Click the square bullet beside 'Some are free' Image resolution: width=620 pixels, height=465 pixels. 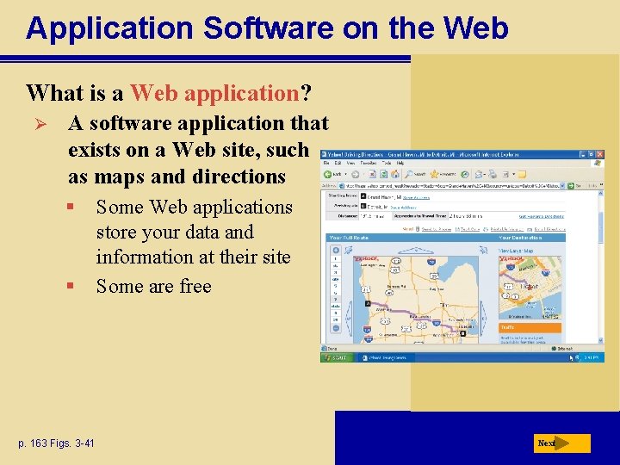(x=76, y=286)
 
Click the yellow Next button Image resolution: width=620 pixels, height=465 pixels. (x=560, y=443)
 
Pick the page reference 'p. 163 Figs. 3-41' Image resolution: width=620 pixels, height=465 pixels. (x=54, y=443)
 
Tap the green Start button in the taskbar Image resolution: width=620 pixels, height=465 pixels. (x=337, y=357)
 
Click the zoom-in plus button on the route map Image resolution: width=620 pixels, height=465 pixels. (x=335, y=251)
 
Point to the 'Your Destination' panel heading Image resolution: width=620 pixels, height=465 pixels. (x=521, y=238)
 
